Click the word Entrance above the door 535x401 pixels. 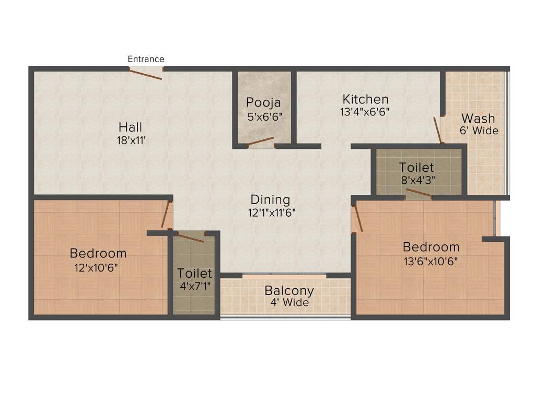pos(146,59)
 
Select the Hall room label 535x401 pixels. pos(130,127)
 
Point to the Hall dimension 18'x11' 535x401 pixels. pos(130,140)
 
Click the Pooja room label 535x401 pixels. pos(264,102)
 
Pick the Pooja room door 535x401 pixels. pos(261,141)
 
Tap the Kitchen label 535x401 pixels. pos(366,99)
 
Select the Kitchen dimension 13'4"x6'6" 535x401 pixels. pos(366,111)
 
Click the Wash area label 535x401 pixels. pos(478,118)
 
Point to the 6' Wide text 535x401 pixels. pos(479,131)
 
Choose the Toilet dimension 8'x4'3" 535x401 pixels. pos(417,181)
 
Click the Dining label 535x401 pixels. pos(270,199)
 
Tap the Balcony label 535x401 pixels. pos(289,290)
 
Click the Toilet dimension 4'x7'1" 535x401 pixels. pos(194,286)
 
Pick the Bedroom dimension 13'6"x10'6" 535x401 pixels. pos(431,261)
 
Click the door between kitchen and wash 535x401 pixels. pos(438,130)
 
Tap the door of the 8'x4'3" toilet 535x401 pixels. pos(419,194)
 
